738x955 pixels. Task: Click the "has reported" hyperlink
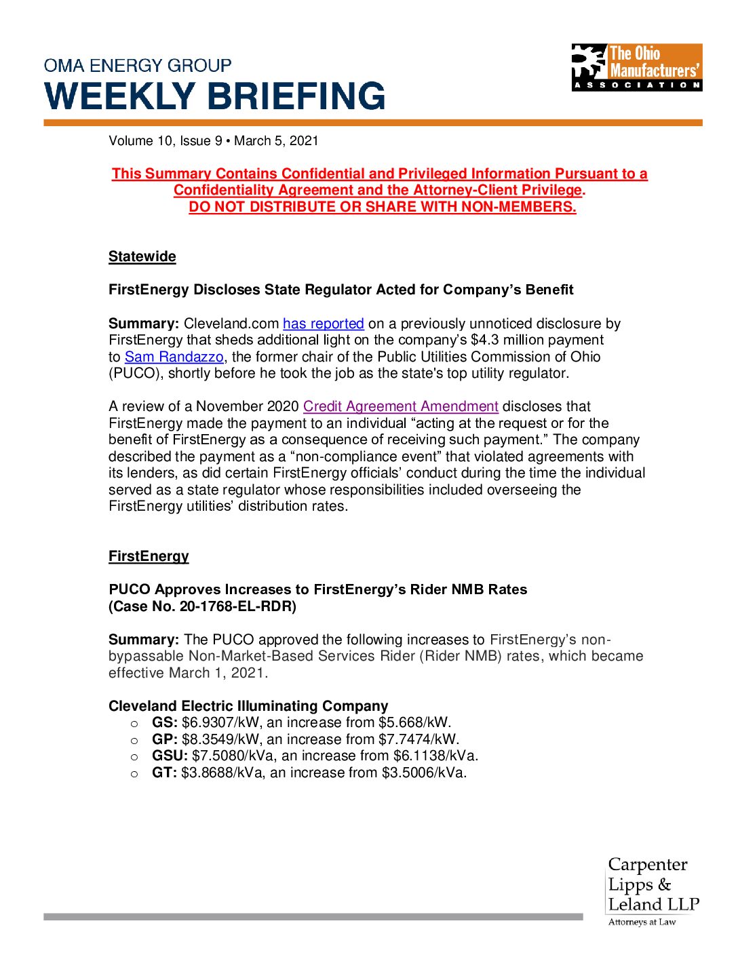pyautogui.click(x=323, y=324)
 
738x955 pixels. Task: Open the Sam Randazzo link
pyautogui.click(x=174, y=357)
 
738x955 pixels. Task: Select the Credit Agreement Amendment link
pyautogui.click(x=400, y=406)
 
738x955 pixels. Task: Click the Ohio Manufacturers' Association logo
pyautogui.click(x=636, y=68)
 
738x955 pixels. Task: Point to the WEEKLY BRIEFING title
pyautogui.click(x=214, y=96)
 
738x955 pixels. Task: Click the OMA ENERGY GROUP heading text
pyautogui.click(x=138, y=66)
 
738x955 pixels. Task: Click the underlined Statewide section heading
pyautogui.click(x=142, y=256)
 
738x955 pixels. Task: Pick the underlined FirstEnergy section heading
pyautogui.click(x=149, y=556)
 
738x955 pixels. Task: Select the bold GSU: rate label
pyautogui.click(x=170, y=756)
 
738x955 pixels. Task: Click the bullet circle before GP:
pyautogui.click(x=134, y=740)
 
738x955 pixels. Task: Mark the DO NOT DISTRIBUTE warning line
pyautogui.click(x=382, y=207)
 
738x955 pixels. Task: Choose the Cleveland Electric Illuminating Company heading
pyautogui.click(x=248, y=706)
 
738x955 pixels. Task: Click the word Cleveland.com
pyautogui.click(x=231, y=324)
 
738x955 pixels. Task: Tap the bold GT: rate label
pyautogui.click(x=164, y=773)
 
